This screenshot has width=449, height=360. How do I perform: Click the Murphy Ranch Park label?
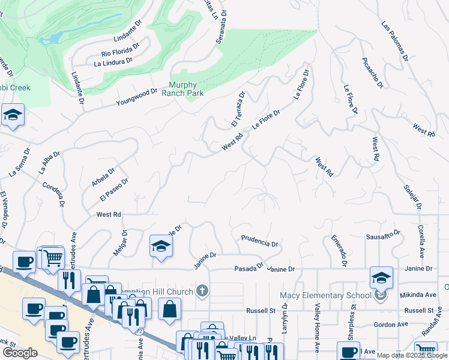pyautogui.click(x=186, y=89)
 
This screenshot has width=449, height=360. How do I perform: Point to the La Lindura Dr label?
pyautogui.click(x=113, y=62)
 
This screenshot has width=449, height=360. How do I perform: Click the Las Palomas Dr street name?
pyautogui.click(x=395, y=41)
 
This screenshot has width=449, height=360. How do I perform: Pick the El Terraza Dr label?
pyautogui.click(x=238, y=109)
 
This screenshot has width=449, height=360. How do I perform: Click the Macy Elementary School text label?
pyautogui.click(x=326, y=295)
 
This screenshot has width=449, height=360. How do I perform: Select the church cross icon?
pyautogui.click(x=203, y=292)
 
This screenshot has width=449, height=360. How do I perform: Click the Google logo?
pyautogui.click(x=20, y=353)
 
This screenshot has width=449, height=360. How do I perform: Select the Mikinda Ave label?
pyautogui.click(x=418, y=295)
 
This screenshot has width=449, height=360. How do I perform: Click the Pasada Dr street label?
pyautogui.click(x=249, y=267)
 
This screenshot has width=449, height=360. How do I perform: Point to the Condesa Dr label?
pyautogui.click(x=54, y=193)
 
